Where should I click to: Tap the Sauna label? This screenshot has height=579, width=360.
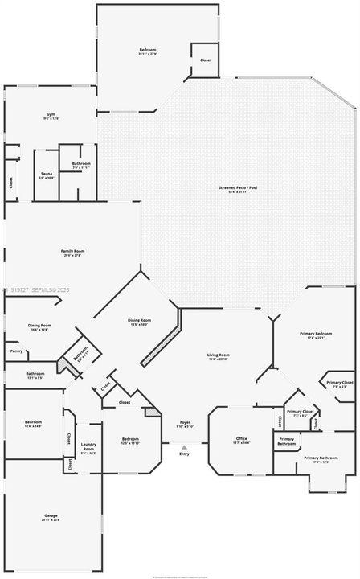pyautogui.click(x=47, y=175)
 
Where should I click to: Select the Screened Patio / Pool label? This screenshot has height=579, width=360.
pyautogui.click(x=238, y=189)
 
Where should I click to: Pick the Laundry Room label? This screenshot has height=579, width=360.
pyautogui.click(x=89, y=450)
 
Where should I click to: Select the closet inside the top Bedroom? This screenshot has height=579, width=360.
pyautogui.click(x=206, y=60)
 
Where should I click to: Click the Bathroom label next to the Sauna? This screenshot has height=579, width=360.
pyautogui.click(x=81, y=166)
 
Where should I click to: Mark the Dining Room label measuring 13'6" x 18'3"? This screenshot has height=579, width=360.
pyautogui.click(x=138, y=322)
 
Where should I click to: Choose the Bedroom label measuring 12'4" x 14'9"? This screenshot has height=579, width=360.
pyautogui.click(x=33, y=424)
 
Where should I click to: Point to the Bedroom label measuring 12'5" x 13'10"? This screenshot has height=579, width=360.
pyautogui.click(x=130, y=441)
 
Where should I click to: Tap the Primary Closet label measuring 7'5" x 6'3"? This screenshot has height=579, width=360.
pyautogui.click(x=340, y=384)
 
